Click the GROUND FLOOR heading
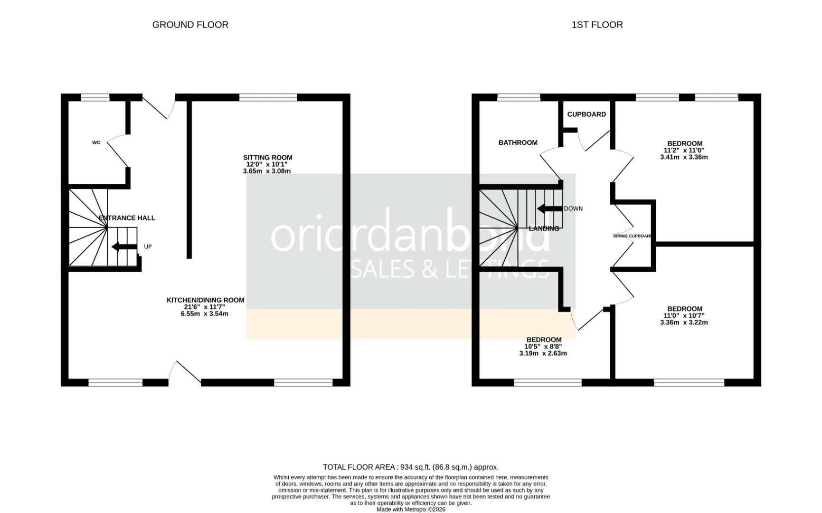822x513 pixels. (190, 25)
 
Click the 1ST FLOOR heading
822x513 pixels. (597, 25)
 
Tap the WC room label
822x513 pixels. (96, 142)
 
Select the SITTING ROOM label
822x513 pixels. (267, 157)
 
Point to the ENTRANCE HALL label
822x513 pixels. (127, 218)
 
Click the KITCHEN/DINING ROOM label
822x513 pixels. (205, 300)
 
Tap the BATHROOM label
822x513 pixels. (518, 142)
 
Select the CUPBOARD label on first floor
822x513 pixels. (586, 114)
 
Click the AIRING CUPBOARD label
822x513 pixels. (633, 236)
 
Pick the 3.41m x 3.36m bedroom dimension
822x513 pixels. (684, 157)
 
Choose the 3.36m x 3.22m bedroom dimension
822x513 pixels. (684, 323)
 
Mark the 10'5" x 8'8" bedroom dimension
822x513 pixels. (543, 347)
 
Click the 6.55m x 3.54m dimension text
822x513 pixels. (205, 314)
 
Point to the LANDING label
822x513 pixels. (544, 228)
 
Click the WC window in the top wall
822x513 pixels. (95, 97)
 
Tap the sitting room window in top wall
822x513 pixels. (268, 97)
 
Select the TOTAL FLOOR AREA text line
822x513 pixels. (411, 467)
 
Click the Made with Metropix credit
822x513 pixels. (411, 509)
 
